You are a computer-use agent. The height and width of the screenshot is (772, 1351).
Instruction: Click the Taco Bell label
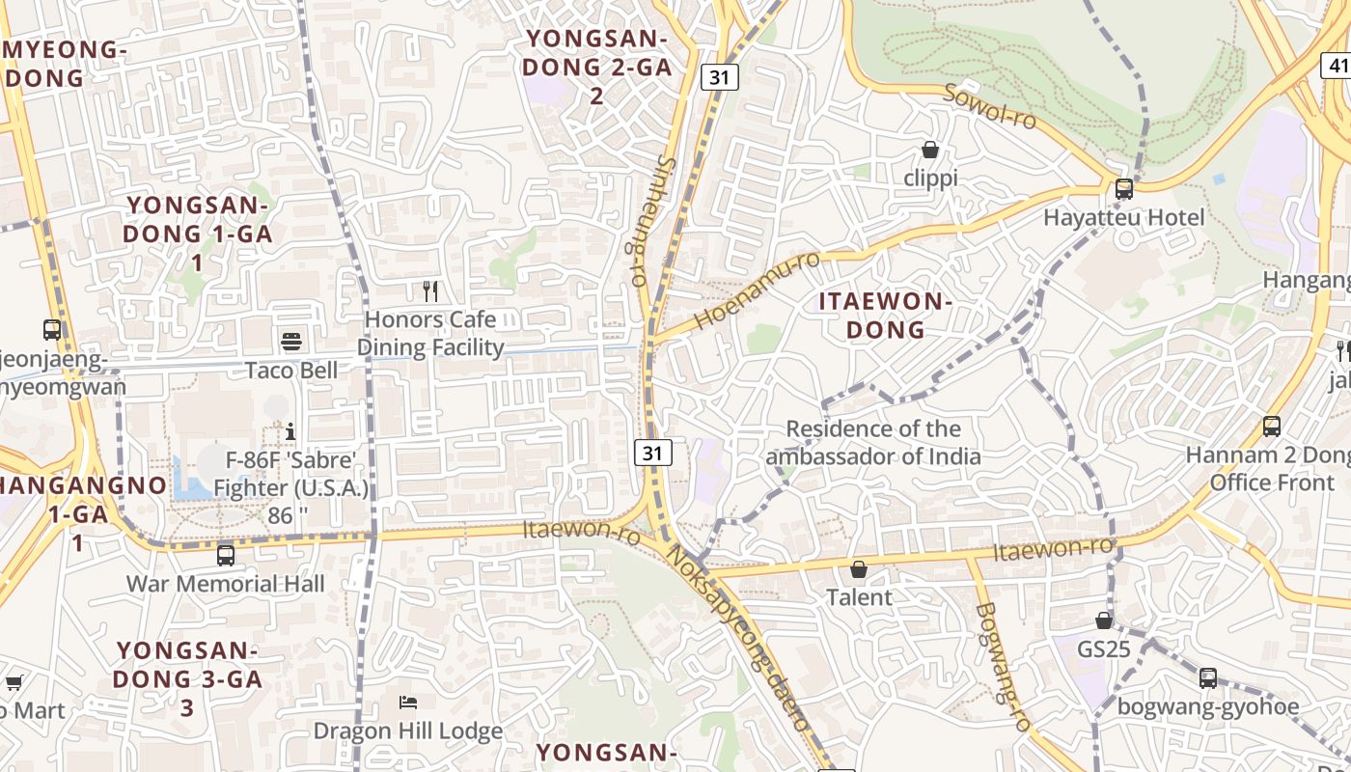click(291, 371)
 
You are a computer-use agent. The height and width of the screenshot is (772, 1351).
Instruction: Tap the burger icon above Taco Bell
click(291, 340)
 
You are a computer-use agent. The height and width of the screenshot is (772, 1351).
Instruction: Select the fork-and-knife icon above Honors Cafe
click(430, 289)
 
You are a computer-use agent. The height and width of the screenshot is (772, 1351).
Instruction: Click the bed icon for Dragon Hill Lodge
click(408, 702)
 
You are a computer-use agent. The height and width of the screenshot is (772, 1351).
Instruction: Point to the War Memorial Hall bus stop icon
click(226, 556)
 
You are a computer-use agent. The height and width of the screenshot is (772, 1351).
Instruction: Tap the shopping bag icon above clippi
click(930, 150)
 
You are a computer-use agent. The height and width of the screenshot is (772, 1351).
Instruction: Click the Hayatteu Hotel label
click(1124, 218)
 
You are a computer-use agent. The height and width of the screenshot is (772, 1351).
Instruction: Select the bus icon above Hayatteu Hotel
click(1124, 189)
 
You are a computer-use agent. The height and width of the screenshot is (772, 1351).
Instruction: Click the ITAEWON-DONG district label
click(886, 316)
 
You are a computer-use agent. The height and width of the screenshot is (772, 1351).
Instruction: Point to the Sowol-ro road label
click(989, 106)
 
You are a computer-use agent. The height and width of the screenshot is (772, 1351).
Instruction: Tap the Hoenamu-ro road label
click(757, 290)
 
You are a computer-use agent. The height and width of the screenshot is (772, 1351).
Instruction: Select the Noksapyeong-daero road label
click(738, 637)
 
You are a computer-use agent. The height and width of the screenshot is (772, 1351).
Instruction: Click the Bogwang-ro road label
click(1004, 666)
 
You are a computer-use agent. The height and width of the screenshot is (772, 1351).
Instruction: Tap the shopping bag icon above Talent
click(858, 569)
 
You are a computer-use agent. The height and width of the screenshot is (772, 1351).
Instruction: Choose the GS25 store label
click(1104, 649)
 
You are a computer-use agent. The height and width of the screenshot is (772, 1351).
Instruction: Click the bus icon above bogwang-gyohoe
click(1208, 678)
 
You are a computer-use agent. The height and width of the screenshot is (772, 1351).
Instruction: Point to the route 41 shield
click(1337, 66)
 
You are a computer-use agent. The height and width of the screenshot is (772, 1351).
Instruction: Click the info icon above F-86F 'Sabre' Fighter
click(290, 430)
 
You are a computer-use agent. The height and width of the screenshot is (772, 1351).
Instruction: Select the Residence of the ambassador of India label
click(873, 443)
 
